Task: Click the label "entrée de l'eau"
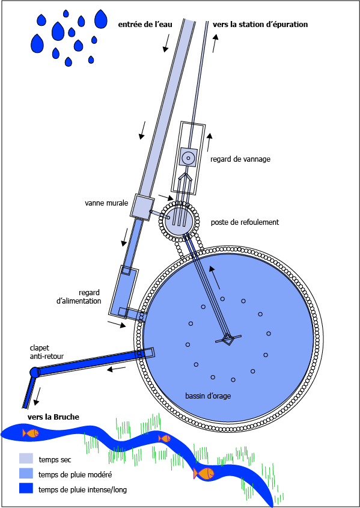click(x=145, y=24)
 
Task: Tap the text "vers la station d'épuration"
click(x=260, y=24)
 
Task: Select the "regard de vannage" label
click(x=240, y=159)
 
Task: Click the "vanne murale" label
click(x=106, y=203)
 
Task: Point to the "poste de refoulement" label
click(x=245, y=222)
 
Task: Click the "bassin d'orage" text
click(x=208, y=396)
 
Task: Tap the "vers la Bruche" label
click(x=53, y=417)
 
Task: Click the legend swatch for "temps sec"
click(x=26, y=459)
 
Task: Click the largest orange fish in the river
click(x=204, y=473)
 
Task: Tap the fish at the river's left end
click(x=31, y=433)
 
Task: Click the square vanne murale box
click(x=141, y=207)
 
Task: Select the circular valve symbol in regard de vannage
click(x=188, y=158)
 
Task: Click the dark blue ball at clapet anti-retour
click(x=34, y=372)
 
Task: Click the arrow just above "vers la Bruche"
click(x=37, y=396)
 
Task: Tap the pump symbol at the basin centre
click(x=228, y=339)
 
